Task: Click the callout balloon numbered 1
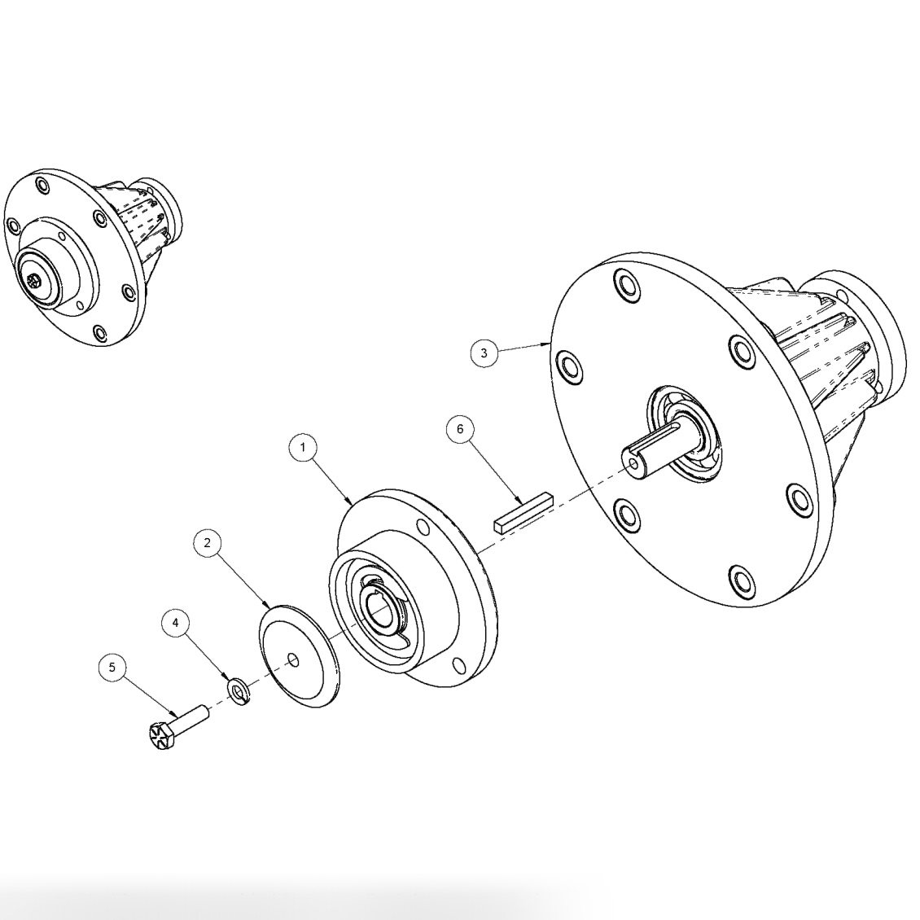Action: (x=302, y=448)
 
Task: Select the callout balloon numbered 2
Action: (x=208, y=543)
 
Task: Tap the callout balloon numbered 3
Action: (x=484, y=353)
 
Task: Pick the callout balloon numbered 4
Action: (x=175, y=624)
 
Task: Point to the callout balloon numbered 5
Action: (x=112, y=668)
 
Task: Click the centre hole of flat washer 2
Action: (x=294, y=660)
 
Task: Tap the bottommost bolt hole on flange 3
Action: (x=740, y=580)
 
